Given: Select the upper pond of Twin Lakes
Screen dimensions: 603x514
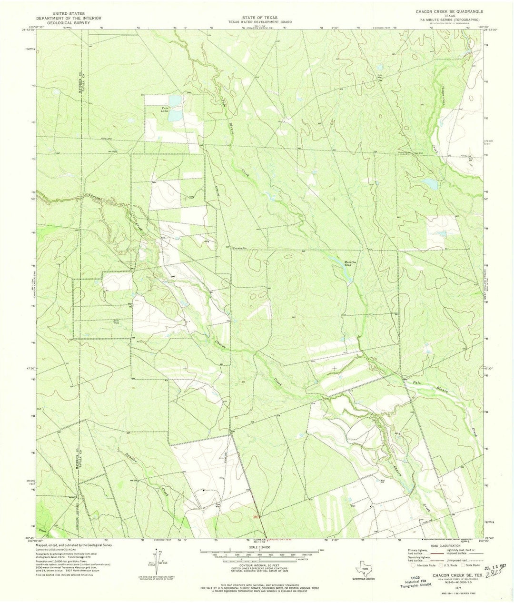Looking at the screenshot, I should pyautogui.click(x=175, y=100).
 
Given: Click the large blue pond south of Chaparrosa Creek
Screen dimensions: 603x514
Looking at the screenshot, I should pyautogui.click(x=430, y=183).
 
